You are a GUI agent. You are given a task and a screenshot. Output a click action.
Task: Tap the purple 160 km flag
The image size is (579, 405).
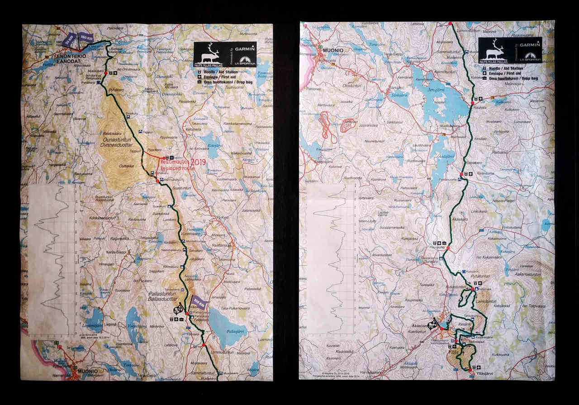86,37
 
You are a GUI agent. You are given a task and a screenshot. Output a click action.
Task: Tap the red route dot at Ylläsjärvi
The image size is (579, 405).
470,370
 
